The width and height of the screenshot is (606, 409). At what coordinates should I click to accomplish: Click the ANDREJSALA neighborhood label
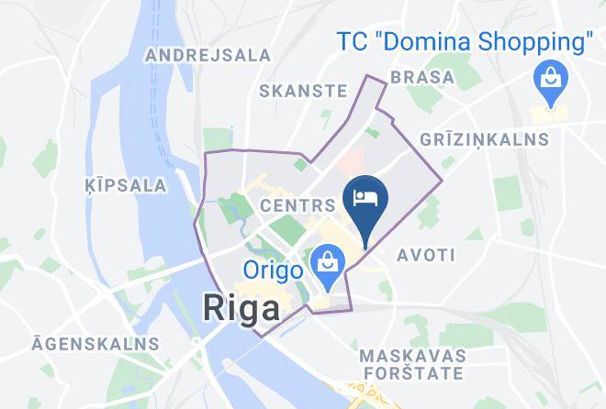point(209,55)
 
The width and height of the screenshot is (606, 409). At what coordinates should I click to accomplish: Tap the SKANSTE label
point(303,91)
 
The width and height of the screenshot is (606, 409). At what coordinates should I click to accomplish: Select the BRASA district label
point(422,77)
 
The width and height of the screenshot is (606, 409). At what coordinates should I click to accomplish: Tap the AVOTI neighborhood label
point(421,254)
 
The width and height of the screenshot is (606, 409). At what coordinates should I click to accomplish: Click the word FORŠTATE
point(411,373)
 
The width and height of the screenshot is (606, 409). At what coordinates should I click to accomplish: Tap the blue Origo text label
point(275,271)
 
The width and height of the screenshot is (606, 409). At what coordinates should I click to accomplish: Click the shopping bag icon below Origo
point(326,264)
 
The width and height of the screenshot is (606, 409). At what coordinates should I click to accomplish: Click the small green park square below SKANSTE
point(300,165)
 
